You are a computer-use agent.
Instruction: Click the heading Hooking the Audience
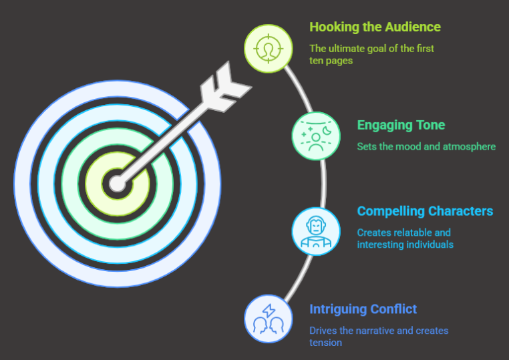click(x=375, y=27)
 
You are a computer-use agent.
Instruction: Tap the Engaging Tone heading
click(x=401, y=125)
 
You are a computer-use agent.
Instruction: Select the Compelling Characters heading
click(x=425, y=211)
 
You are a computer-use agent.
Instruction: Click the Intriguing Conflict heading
click(x=363, y=309)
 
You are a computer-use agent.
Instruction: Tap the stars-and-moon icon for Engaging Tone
click(x=317, y=136)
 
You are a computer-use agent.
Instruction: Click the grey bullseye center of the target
click(x=118, y=183)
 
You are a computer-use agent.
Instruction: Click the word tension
click(x=325, y=343)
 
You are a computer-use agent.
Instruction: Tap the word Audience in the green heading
click(x=412, y=27)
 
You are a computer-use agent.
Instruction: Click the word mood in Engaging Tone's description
click(x=410, y=146)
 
